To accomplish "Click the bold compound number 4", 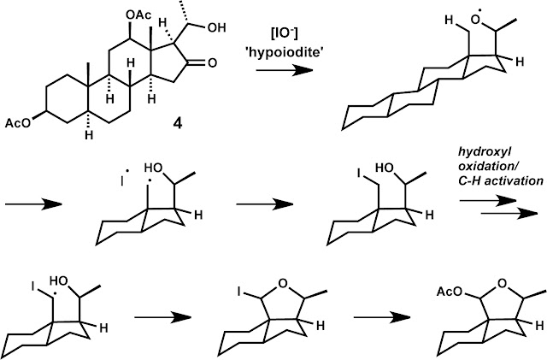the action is tap(178, 123).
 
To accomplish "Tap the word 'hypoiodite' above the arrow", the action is tap(285, 53).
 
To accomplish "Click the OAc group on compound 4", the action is tap(138, 15).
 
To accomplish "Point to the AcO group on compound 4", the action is tap(18, 123).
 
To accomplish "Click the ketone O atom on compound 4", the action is tap(212, 63).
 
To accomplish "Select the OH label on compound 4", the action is tap(216, 27).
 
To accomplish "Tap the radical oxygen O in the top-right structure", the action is tap(475, 21).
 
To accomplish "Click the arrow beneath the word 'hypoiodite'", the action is tap(285, 70).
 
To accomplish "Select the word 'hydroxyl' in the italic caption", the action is tap(478, 152).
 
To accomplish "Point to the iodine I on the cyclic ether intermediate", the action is tap(239, 292).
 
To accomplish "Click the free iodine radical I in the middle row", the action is tap(122, 181).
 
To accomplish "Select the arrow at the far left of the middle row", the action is tap(33, 204).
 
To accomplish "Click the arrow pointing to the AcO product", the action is tap(382, 317).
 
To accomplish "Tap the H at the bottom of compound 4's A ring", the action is tap(89, 135).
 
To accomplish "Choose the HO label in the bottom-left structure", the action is tap(58, 280).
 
